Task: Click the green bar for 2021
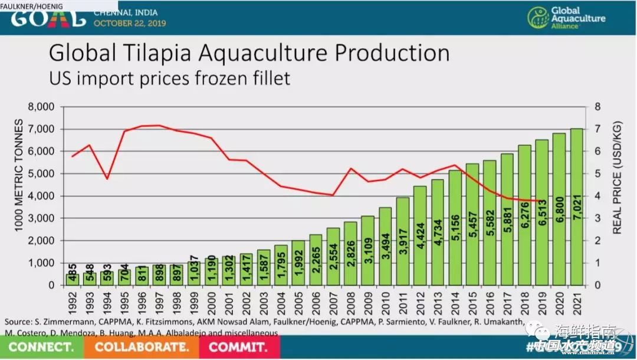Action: pyautogui.click(x=576, y=207)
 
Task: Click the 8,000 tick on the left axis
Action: pyautogui.click(x=41, y=107)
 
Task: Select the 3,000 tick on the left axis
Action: pyautogui.click(x=41, y=218)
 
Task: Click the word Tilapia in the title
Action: pyautogui.click(x=163, y=53)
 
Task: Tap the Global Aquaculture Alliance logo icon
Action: pyautogui.click(x=539, y=19)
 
